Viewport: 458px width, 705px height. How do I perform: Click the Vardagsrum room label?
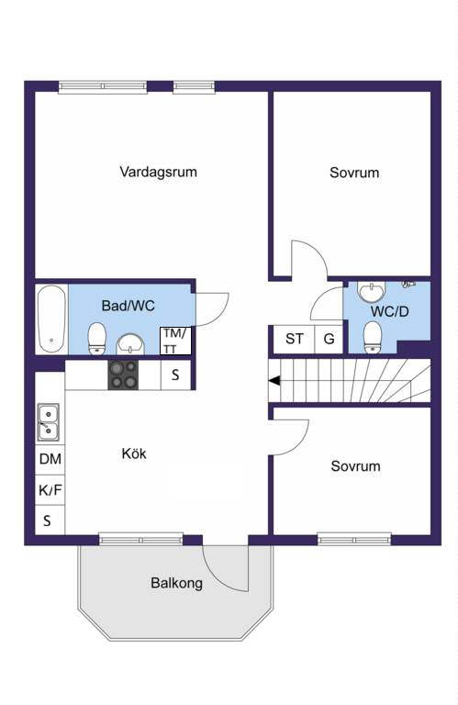coord(158,172)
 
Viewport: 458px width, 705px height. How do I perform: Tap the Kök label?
coord(134,453)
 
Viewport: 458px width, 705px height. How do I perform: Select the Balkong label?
coord(176,583)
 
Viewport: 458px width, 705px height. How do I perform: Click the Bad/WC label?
coord(128,306)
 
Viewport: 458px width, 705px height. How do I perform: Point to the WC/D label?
coord(390,311)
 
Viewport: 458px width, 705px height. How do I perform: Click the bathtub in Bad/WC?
coord(51,319)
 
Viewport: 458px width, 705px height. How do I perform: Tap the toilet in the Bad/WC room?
coord(96,338)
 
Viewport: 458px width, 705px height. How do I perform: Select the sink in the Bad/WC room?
coord(131,344)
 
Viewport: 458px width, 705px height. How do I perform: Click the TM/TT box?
coord(175,341)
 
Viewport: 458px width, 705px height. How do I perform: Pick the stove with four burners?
coord(123,375)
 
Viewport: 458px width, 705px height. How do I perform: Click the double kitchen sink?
coord(48,421)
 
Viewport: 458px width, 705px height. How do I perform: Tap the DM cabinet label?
coord(50,459)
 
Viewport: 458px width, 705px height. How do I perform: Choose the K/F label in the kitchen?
coord(50,489)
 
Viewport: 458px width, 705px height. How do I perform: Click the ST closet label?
coord(295,339)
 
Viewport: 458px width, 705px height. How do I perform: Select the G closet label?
coord(329,339)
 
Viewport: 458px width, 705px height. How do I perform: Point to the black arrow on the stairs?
coord(274,381)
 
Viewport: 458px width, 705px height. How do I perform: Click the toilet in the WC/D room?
coord(372,336)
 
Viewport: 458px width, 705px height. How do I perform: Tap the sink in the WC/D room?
coord(371,291)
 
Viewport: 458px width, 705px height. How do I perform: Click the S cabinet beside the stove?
coord(175,375)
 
